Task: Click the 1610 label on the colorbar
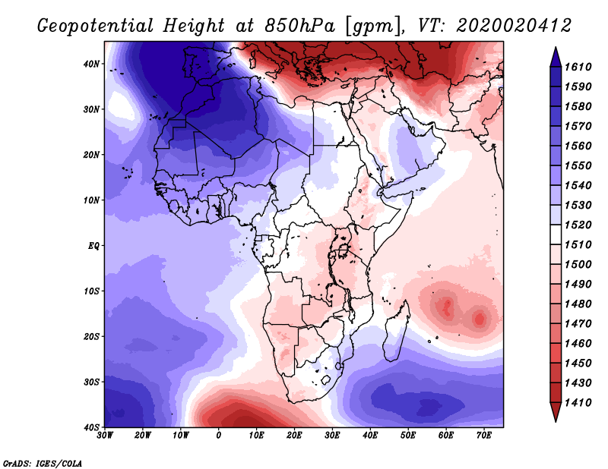pos(578,67)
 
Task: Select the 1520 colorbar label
pos(578,225)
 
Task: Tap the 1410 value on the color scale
pos(578,403)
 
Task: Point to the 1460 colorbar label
pos(578,344)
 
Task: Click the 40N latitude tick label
pos(91,64)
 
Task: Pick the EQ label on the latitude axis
pos(93,246)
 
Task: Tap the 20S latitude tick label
pos(91,336)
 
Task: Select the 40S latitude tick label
pos(91,427)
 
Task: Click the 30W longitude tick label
pos(105,436)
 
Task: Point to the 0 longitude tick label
pos(219,436)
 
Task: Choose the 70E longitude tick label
pos(484,436)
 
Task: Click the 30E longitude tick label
pos(332,436)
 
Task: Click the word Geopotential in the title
pos(96,27)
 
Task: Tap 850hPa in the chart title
pos(299,26)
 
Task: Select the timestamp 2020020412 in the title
pos(514,26)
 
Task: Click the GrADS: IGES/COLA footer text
pos(43,464)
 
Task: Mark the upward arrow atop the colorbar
pos(556,57)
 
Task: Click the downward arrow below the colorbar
pos(556,412)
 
